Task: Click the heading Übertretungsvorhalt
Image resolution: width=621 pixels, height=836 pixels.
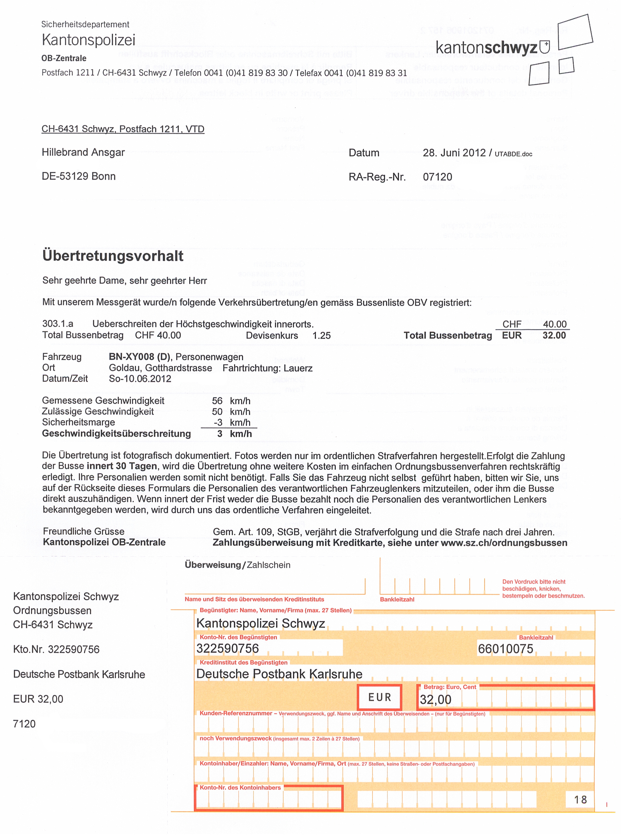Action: (x=113, y=256)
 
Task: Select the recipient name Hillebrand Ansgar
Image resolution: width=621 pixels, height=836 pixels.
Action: (x=83, y=152)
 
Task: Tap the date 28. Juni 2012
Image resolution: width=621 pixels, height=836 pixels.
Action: (x=454, y=153)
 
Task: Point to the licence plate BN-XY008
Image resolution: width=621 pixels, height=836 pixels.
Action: (x=131, y=357)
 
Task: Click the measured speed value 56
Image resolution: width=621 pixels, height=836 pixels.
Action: (x=217, y=401)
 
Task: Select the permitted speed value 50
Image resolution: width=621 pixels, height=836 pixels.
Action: (x=217, y=412)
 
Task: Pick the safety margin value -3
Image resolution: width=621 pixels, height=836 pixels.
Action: (x=218, y=423)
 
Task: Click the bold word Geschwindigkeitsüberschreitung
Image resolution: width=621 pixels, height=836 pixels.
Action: (x=117, y=434)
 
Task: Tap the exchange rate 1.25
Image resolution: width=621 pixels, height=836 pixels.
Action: (x=321, y=335)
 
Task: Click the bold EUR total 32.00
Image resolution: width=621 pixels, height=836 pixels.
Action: (x=554, y=335)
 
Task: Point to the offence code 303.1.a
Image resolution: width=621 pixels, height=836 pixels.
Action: (x=57, y=324)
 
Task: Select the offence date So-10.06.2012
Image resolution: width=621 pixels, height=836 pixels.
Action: (x=140, y=379)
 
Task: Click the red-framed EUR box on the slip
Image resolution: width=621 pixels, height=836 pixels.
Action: (x=380, y=697)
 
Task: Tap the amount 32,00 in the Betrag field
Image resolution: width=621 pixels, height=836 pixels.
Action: (x=435, y=699)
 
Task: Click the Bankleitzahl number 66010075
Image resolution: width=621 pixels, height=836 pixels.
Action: (x=505, y=649)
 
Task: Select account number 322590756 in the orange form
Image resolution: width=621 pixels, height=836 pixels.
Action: (x=227, y=648)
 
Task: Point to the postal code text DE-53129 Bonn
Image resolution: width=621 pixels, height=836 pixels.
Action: (x=79, y=176)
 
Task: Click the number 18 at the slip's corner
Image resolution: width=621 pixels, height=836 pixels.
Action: (x=580, y=799)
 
